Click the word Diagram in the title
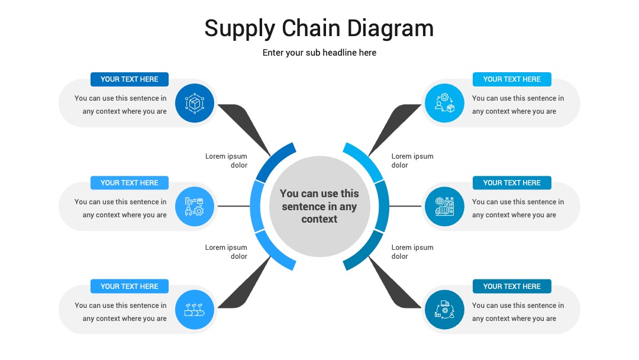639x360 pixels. coord(390,28)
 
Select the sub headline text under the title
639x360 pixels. coord(319,53)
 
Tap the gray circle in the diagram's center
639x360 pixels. coord(319,206)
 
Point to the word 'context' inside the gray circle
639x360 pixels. coord(319,219)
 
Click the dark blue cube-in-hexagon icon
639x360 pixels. coord(195,103)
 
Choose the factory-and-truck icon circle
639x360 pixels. coord(444,206)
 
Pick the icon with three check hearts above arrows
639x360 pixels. coord(195,310)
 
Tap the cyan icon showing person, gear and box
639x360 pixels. coord(444,103)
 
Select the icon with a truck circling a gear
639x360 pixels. coord(444,310)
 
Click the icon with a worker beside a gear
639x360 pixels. coord(195,206)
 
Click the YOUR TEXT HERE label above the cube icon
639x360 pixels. coord(130,79)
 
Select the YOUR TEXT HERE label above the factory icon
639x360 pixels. coord(512,182)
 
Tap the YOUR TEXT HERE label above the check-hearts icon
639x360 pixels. coord(130,286)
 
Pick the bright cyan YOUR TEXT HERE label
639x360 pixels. coord(512,79)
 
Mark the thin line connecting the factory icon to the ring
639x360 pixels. coord(405,206)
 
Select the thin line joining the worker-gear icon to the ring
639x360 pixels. coord(234,206)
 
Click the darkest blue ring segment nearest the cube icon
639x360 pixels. coord(272,162)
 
